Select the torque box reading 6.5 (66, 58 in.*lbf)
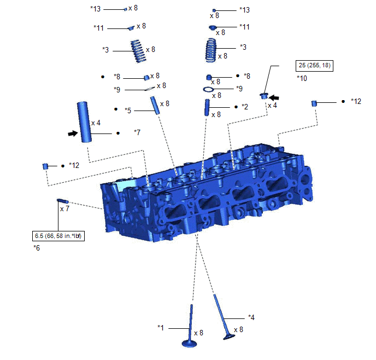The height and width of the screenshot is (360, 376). click(58, 236)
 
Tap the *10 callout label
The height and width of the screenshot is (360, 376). click(302, 78)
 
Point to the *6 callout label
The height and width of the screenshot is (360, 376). click(37, 248)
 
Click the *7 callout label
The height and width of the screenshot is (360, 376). click(137, 132)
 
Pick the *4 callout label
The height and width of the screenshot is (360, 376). click(251, 317)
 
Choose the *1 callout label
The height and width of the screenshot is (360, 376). click(161, 327)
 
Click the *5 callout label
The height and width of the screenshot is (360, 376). click(128, 111)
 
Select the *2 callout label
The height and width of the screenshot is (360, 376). click(245, 107)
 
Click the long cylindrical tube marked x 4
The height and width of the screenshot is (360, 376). click(84, 122)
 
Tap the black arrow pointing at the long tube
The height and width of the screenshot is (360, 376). click(73, 133)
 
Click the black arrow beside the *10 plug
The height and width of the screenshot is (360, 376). click(274, 98)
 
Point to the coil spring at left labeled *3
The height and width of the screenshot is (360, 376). click(138, 51)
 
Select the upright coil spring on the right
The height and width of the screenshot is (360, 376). click(211, 50)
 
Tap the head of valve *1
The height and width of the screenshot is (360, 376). click(190, 344)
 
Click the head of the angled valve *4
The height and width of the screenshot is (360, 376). click(229, 336)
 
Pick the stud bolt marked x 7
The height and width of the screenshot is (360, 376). click(63, 201)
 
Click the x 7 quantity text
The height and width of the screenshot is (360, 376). click(64, 209)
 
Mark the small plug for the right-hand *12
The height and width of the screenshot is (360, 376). click(314, 103)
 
